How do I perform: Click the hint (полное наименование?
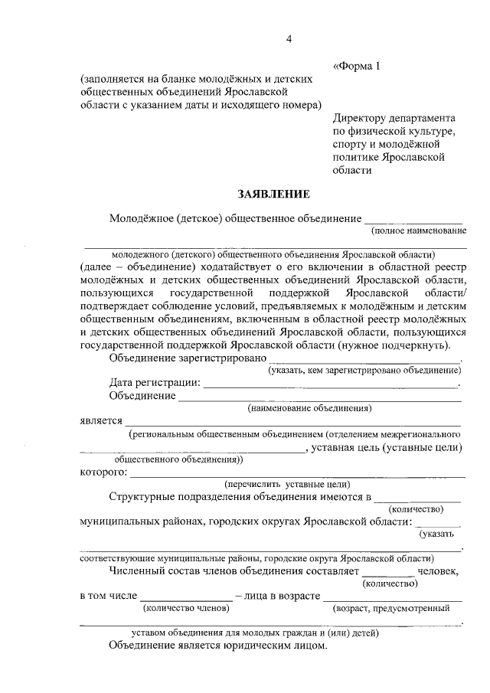(x=418, y=230)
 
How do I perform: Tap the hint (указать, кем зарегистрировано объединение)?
(x=364, y=371)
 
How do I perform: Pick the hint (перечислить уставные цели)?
(x=287, y=484)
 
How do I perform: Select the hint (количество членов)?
(x=186, y=608)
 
